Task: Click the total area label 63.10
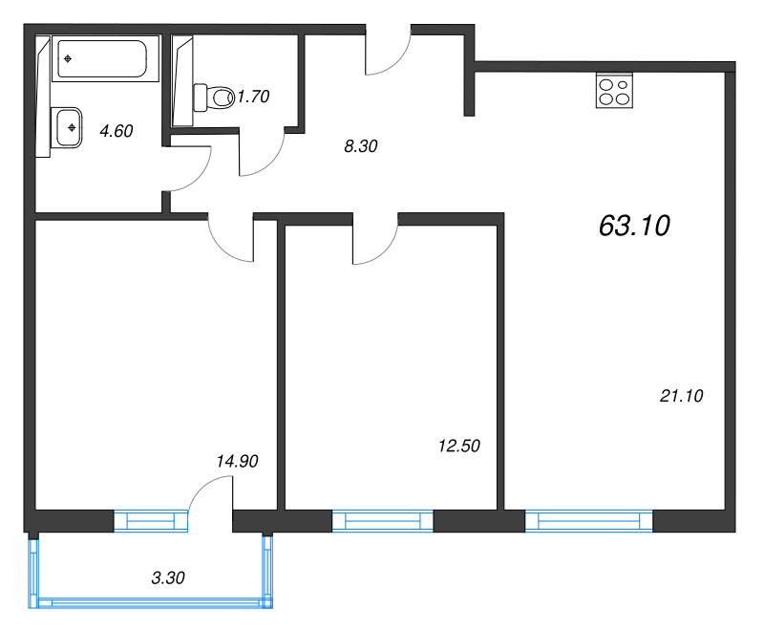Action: point(634,226)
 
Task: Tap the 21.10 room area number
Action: point(681,395)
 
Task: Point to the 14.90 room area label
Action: point(238,461)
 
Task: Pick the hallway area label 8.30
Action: point(359,146)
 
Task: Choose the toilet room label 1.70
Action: point(254,96)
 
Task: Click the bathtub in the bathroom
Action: point(100,60)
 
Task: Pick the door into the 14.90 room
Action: point(232,239)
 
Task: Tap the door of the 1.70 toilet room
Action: point(262,153)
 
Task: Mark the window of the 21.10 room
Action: point(588,521)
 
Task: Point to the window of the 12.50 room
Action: point(382,521)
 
